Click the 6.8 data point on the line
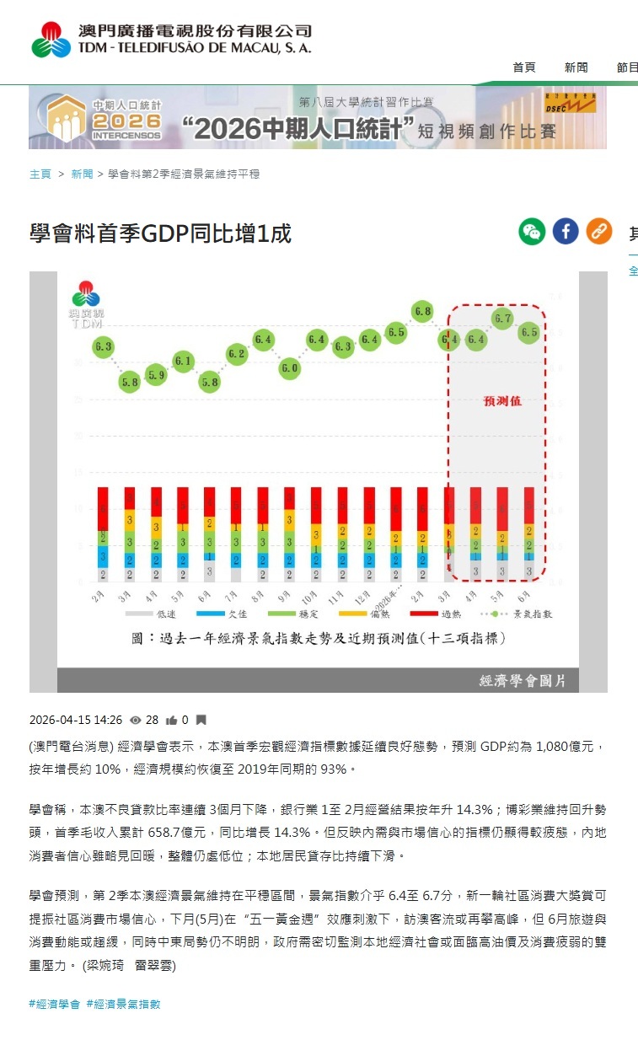(x=422, y=311)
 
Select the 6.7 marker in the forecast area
(x=503, y=319)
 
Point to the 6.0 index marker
(x=290, y=368)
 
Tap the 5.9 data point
(x=156, y=375)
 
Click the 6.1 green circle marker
(x=183, y=361)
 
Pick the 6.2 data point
(x=237, y=354)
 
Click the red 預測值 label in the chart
(x=501, y=400)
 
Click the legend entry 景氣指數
(x=527, y=614)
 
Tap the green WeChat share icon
(x=532, y=231)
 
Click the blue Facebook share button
(x=566, y=231)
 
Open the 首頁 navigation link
(x=524, y=67)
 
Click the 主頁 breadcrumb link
(x=40, y=174)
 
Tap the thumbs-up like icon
(x=172, y=721)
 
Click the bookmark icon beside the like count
(x=201, y=721)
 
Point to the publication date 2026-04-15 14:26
(x=76, y=721)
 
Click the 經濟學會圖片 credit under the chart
(x=523, y=679)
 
